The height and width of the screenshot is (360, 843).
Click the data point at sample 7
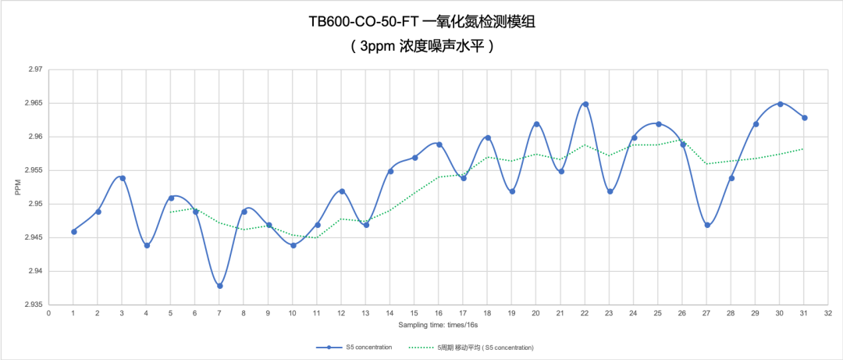(x=220, y=286)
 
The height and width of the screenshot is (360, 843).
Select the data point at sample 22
(x=585, y=104)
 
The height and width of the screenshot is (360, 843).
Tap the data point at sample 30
(x=780, y=104)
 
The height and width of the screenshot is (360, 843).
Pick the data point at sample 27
(x=707, y=225)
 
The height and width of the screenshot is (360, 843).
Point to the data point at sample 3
(x=123, y=178)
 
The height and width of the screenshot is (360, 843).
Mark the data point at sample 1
(x=73, y=231)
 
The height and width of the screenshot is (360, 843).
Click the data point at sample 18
(x=488, y=137)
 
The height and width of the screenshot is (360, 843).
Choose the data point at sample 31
(x=805, y=118)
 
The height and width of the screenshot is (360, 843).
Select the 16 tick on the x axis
(x=439, y=313)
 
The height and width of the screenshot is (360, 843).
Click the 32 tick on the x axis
(x=828, y=313)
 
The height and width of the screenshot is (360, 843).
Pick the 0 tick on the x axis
(x=49, y=313)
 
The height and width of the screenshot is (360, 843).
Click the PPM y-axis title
(x=16, y=187)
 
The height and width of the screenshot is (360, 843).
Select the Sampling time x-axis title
(x=439, y=323)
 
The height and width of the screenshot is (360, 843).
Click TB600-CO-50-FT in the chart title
(x=365, y=22)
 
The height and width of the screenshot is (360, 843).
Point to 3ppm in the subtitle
(x=378, y=45)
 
